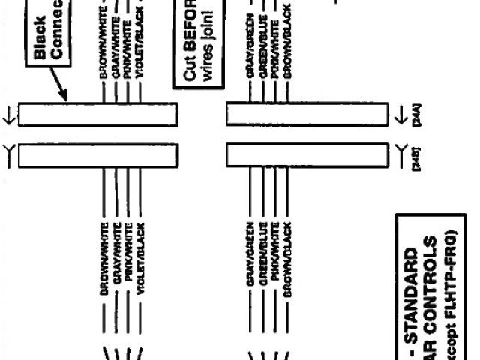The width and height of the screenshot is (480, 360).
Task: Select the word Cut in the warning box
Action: coord(190,74)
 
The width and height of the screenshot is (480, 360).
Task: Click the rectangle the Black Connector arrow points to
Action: coord(97,114)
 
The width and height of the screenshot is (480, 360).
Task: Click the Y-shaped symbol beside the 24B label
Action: coord(398,155)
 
